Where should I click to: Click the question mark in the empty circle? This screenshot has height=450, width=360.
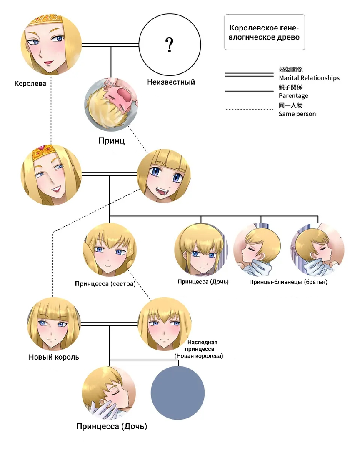(x=170, y=45)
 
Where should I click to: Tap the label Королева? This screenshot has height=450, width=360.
(x=30, y=84)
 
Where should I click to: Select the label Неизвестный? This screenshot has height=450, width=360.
(x=171, y=82)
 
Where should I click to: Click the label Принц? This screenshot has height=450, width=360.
(x=111, y=141)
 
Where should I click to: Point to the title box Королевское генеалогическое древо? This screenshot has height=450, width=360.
(x=265, y=32)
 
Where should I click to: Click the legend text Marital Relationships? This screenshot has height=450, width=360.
(x=309, y=78)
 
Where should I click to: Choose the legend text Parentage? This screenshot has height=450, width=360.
(x=293, y=95)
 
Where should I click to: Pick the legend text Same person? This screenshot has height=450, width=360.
(x=297, y=114)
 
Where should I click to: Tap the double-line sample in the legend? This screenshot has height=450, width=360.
(x=249, y=75)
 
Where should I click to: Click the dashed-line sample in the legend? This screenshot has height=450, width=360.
(x=249, y=109)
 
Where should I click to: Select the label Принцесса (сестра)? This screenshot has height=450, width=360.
(x=105, y=284)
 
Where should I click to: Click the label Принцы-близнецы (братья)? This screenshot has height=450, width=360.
(x=288, y=282)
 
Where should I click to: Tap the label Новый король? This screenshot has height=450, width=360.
(x=54, y=357)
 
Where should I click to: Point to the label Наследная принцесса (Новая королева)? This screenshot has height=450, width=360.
(x=199, y=349)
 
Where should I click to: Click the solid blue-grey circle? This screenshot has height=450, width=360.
(x=177, y=393)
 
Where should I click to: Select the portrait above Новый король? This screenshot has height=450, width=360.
(x=54, y=324)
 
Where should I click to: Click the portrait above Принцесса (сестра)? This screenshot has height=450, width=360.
(x=110, y=250)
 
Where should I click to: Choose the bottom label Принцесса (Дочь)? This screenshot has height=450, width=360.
(x=112, y=427)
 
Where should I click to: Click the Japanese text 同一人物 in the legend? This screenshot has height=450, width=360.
(x=290, y=105)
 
